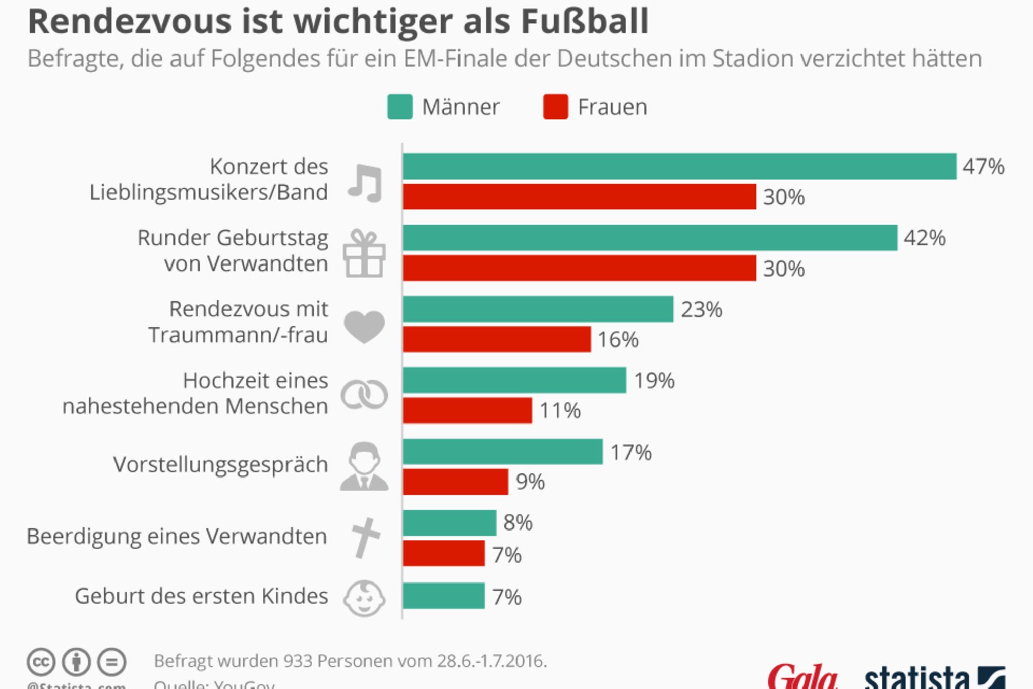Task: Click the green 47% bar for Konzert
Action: point(679,167)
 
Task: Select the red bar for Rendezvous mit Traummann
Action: point(496,339)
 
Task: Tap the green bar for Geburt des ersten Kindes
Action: point(443,596)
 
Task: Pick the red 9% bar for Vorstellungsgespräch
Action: point(455,482)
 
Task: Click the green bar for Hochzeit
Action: point(514,381)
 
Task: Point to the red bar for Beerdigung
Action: point(443,554)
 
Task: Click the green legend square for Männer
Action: point(399,107)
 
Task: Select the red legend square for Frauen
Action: point(555,107)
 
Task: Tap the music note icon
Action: point(365,183)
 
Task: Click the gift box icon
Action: point(364,253)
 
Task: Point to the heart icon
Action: point(364,327)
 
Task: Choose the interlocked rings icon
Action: point(364,395)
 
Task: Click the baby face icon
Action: point(364,599)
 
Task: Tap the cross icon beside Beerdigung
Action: point(365,538)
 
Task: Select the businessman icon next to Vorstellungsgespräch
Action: point(364,466)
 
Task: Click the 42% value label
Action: point(924,238)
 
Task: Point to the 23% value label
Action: point(701,310)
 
